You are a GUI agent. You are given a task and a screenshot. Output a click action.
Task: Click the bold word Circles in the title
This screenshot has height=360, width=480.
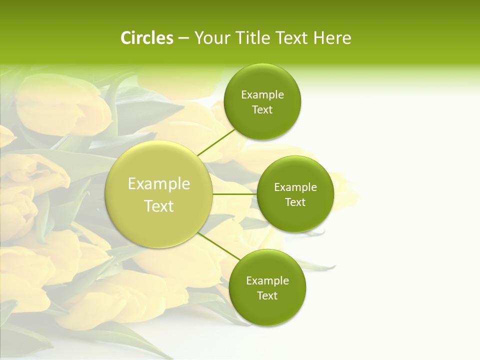click(x=147, y=38)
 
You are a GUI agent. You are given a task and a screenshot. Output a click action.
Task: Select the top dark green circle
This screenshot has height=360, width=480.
click(x=262, y=122)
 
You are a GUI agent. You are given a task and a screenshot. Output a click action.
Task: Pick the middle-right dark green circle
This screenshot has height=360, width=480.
click(x=295, y=217)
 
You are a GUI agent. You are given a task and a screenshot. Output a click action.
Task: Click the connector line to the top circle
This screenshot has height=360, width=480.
click(x=216, y=142)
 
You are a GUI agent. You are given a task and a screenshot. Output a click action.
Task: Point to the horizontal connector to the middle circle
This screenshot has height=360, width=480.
click(x=235, y=194)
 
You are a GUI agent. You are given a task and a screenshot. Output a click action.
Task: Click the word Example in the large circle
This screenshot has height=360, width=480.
click(x=159, y=183)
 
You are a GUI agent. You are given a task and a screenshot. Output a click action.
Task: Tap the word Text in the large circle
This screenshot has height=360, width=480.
click(x=159, y=206)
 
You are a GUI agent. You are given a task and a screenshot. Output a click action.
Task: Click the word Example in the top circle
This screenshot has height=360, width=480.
click(x=262, y=95)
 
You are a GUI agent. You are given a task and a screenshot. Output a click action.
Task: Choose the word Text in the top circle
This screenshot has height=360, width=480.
click(x=262, y=110)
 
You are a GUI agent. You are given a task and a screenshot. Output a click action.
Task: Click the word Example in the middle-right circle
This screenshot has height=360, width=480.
click(x=295, y=187)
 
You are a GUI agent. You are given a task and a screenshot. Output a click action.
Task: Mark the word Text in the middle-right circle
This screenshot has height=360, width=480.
click(x=295, y=202)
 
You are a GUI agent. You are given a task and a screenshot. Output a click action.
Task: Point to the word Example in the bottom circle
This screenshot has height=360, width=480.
click(x=267, y=281)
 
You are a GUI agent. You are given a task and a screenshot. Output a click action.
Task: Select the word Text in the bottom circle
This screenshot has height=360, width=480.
click(x=267, y=296)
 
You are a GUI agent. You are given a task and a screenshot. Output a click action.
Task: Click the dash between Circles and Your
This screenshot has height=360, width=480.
click(x=183, y=38)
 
